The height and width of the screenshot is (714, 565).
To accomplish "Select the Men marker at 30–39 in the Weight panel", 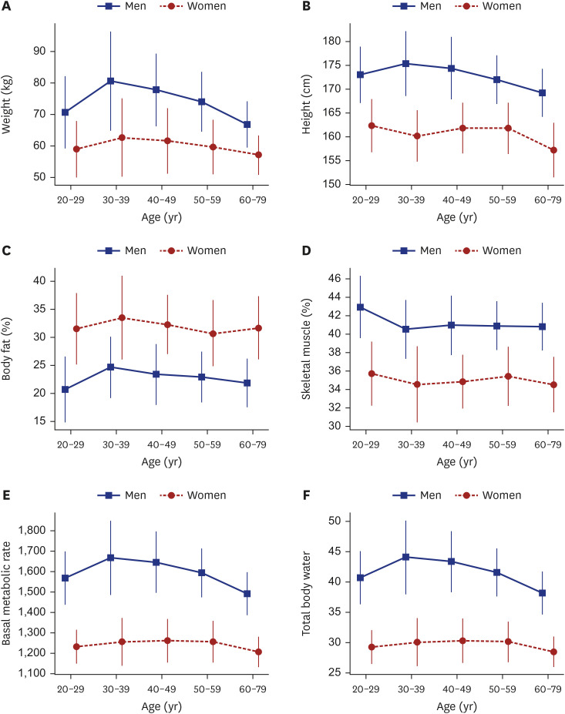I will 111,81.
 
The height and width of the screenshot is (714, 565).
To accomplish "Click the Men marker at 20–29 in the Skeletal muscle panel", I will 359,307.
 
